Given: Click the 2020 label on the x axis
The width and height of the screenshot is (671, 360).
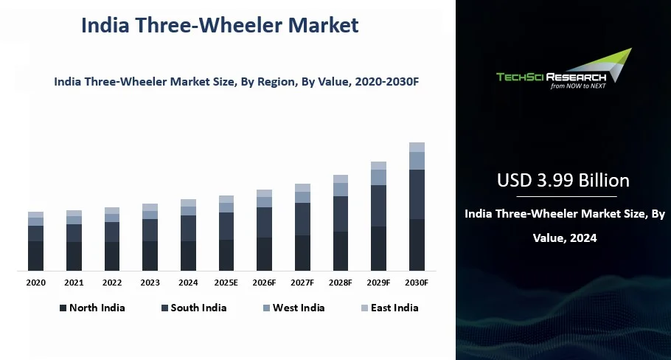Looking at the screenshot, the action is point(35,283).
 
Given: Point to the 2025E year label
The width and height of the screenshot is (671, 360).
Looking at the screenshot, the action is point(226,283).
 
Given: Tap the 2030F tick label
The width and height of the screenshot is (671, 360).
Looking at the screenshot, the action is point(417,283).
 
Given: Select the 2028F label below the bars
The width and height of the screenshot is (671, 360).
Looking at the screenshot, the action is point(340,283).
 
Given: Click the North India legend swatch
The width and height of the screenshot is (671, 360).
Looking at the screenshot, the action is point(63,308).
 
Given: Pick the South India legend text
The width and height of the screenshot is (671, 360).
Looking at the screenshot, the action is point(198,308).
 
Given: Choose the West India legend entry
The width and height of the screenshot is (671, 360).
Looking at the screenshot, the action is point(293,308).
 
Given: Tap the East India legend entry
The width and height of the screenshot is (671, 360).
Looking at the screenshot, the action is point(390,308).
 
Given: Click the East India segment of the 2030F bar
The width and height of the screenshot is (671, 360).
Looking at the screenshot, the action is point(417,148).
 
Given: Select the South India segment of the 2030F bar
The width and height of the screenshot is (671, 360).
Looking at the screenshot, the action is point(417,194).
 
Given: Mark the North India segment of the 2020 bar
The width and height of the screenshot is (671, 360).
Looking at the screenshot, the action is point(35,256).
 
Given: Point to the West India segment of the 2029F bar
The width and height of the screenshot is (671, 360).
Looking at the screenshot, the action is point(379,178).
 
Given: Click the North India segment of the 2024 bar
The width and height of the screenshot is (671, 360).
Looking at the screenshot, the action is point(188,256).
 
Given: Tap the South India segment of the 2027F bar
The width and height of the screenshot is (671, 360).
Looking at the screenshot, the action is point(302,219).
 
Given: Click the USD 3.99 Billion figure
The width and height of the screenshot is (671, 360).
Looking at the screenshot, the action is point(563,180).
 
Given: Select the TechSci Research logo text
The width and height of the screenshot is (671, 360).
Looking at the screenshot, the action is point(552,77).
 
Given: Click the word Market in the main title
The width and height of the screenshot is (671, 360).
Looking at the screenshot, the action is point(323,25).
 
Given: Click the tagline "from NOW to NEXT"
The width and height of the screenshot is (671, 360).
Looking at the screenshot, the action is point(578,86).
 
